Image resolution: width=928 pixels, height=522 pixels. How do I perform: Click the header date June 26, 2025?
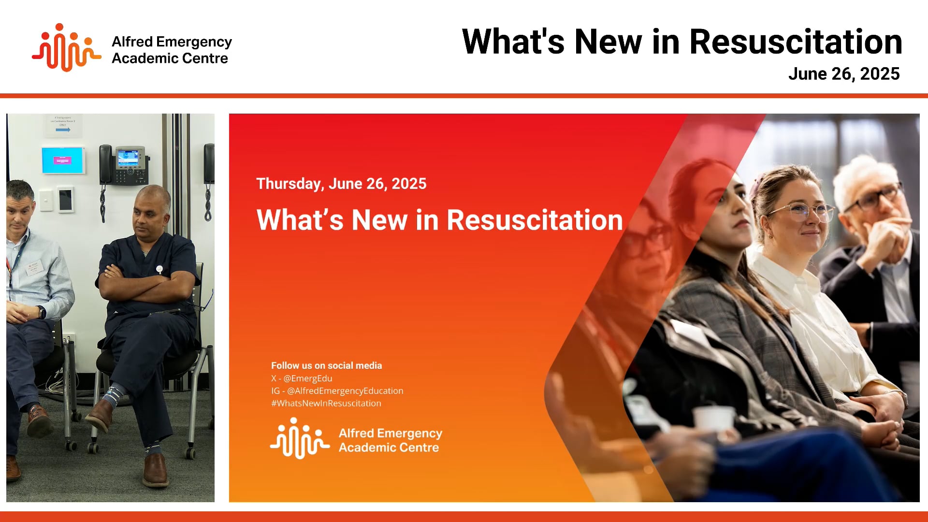coord(843,74)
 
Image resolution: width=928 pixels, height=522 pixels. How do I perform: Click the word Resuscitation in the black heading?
coord(796,42)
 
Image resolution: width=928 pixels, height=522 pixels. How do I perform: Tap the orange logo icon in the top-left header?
coord(66,48)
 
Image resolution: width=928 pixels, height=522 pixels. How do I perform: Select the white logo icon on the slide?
coord(300,438)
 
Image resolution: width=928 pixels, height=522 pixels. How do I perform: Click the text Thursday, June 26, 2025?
coord(341,184)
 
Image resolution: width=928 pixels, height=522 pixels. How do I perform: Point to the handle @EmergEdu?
coord(308,378)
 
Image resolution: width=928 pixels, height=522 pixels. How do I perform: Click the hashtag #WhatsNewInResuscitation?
coord(326,404)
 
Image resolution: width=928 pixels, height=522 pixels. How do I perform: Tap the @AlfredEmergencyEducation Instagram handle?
coord(345,391)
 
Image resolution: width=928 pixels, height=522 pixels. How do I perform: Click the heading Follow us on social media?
coord(326,366)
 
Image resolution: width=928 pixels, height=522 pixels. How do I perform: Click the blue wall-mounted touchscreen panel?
coord(63,160)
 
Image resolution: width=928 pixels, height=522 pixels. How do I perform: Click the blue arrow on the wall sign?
coord(63,130)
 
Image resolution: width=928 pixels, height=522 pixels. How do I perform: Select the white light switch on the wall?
coord(46,200)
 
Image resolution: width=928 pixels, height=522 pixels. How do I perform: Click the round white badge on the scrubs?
coord(159,269)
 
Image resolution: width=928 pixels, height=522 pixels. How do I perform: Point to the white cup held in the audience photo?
coord(713,419)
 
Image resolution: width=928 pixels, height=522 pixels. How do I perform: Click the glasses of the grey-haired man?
coord(874,197)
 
